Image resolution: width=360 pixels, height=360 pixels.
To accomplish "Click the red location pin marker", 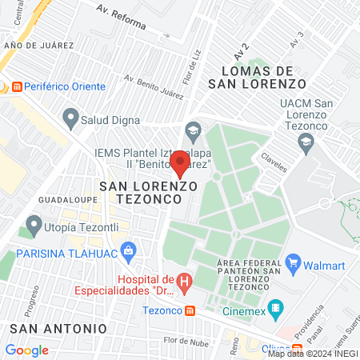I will point(179,164).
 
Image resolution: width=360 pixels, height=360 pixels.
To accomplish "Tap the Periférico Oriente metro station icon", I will point(15,86).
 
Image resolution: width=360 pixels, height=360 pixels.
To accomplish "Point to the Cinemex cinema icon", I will point(276,306).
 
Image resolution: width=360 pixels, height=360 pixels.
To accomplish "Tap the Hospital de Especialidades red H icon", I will point(185,282).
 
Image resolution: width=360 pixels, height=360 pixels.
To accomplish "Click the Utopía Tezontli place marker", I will point(33,226).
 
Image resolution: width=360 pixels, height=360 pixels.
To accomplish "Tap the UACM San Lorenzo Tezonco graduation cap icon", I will point(305,142).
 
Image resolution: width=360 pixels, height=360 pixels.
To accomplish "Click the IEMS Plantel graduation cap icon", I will point(192,130).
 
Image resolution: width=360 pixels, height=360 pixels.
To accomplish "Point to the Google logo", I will point(26,350).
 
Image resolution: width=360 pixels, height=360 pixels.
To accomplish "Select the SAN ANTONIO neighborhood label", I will point(58,328).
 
